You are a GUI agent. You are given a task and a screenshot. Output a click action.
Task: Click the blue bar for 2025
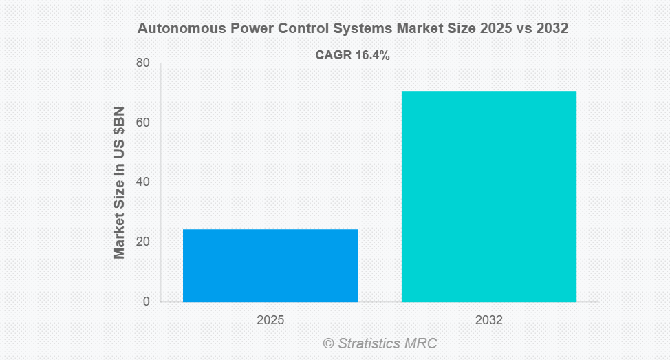(270, 265)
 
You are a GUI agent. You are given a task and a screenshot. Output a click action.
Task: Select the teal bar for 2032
(488, 196)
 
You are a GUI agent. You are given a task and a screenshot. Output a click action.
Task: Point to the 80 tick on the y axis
(142, 63)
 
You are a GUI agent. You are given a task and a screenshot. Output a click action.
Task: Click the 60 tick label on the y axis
(142, 123)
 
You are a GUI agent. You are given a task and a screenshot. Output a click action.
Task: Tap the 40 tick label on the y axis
(142, 182)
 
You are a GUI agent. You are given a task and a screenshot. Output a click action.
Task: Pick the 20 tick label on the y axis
(142, 242)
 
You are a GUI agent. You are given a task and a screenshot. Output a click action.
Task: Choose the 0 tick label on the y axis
(146, 301)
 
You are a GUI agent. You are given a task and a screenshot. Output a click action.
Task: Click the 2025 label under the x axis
(270, 321)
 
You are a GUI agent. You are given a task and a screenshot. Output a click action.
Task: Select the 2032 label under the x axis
(488, 321)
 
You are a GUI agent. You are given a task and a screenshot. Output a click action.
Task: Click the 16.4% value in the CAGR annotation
(372, 56)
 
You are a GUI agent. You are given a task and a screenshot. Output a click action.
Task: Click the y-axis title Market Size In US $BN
(119, 182)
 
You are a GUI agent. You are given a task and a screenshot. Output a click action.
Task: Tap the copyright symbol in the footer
(328, 343)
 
